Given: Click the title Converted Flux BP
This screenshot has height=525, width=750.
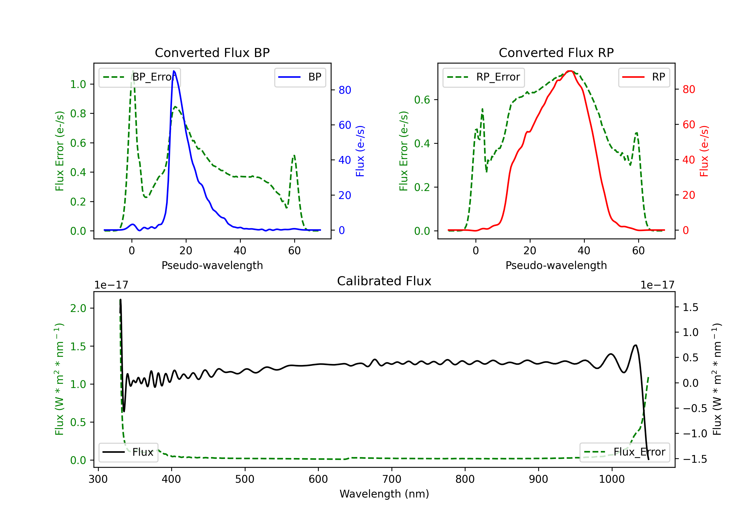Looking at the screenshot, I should pos(212,52).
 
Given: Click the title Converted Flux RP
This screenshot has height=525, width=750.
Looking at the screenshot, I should pos(556,52).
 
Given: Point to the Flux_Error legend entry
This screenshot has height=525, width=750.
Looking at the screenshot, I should pos(624,452).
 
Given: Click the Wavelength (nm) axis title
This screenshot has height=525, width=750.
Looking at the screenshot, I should pos(384,494).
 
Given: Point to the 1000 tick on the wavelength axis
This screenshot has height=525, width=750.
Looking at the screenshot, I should pos(611,479).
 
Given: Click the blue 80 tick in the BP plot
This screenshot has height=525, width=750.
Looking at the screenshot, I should pos(344,90).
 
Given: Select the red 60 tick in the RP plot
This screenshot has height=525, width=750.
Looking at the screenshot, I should pos(688,124).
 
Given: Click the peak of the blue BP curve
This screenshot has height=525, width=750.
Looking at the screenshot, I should pos(174,71).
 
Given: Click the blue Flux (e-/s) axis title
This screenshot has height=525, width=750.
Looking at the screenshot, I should pos(360,151).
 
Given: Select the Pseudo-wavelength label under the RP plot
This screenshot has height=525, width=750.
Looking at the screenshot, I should pos(556,265).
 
